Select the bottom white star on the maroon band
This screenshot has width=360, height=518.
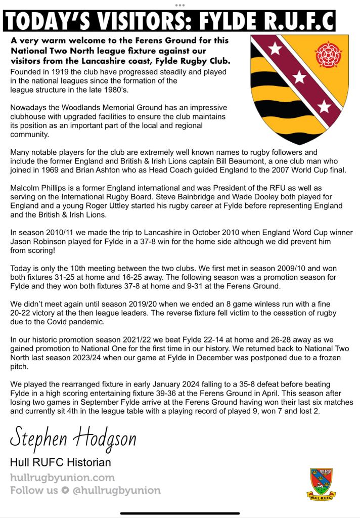pos(324,106)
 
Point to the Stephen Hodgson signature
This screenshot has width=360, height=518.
pos(73,437)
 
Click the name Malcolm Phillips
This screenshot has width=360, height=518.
pos(37,188)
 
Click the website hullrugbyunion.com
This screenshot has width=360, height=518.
pos(62,478)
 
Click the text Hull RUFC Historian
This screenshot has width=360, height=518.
pos(61,462)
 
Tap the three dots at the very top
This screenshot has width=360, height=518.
pos(180,5)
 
